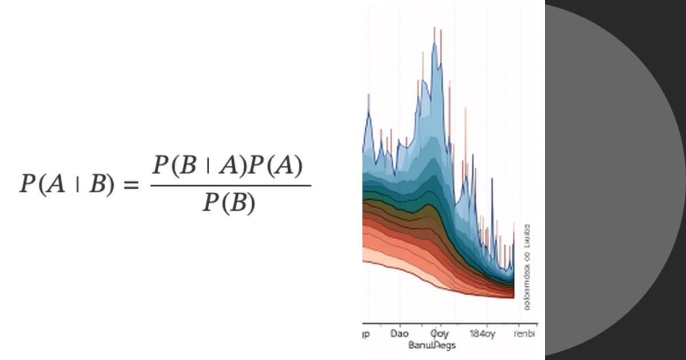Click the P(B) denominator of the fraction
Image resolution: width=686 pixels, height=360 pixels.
(229, 202)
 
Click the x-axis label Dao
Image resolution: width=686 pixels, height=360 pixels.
(399, 333)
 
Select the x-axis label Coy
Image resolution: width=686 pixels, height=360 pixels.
(439, 333)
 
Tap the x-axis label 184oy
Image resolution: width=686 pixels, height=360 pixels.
(481, 333)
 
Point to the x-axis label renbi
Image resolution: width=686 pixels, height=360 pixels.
(525, 333)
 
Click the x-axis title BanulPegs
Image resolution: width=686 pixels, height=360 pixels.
(432, 345)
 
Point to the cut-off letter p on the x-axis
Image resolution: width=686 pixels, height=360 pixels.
(366, 334)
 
